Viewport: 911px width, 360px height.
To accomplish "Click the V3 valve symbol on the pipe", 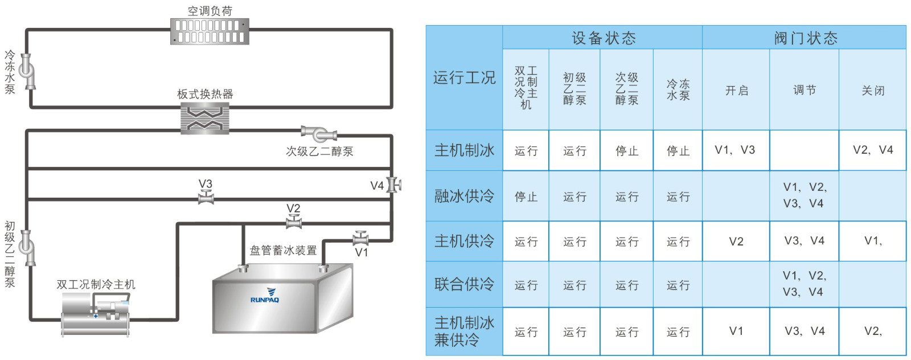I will pyautogui.click(x=206, y=198).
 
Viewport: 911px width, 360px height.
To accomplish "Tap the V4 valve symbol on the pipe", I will pyautogui.click(x=393, y=185).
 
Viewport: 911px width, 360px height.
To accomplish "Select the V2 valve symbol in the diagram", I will pyautogui.click(x=294, y=223).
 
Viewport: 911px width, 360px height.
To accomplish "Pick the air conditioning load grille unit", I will pyautogui.click(x=210, y=31).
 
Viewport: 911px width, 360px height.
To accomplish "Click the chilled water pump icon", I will pyautogui.click(x=27, y=71).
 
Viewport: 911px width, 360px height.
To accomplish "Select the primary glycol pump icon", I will pyautogui.click(x=27, y=247).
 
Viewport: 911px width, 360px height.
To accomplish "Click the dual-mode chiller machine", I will pyautogui.click(x=96, y=316).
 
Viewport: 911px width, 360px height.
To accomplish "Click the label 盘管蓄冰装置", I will pyautogui.click(x=283, y=250).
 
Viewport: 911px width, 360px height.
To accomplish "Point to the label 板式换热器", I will pyautogui.click(x=205, y=94).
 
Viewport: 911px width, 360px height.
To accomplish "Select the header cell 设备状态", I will pyautogui.click(x=603, y=38).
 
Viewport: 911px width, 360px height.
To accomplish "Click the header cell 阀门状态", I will pyautogui.click(x=805, y=38).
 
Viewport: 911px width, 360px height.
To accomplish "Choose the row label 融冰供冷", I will pyautogui.click(x=464, y=196).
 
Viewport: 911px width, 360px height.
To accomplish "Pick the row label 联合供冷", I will pyautogui.click(x=464, y=284).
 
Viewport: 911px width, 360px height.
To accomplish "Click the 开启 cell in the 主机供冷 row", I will pyautogui.click(x=736, y=242).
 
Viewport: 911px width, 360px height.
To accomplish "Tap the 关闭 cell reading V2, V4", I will pyautogui.click(x=872, y=150).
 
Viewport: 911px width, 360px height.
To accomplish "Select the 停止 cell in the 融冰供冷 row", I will pyautogui.click(x=526, y=197).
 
